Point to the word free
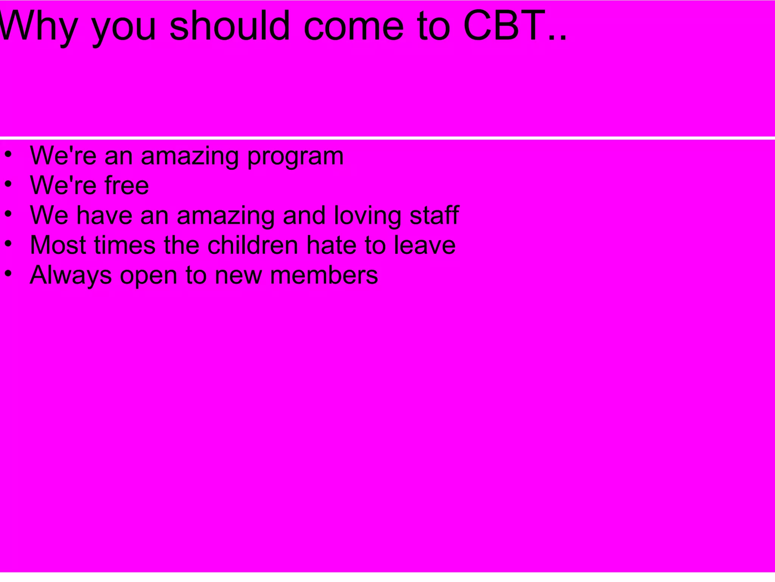(127, 185)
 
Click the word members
(324, 275)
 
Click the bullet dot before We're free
(9, 184)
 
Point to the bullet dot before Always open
(9, 273)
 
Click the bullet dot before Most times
(9, 243)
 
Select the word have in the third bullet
(104, 215)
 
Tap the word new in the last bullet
(238, 275)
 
